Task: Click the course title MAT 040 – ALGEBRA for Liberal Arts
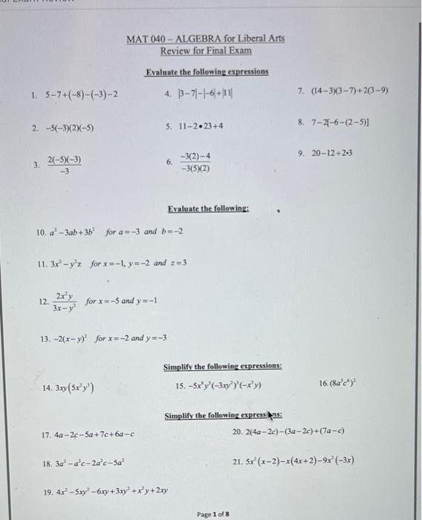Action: [x=205, y=38]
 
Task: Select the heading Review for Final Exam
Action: [x=206, y=51]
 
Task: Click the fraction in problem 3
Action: [x=65, y=165]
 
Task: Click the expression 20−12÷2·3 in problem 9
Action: [x=343, y=154]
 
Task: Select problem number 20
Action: [x=238, y=431]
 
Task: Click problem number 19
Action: [x=48, y=490]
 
